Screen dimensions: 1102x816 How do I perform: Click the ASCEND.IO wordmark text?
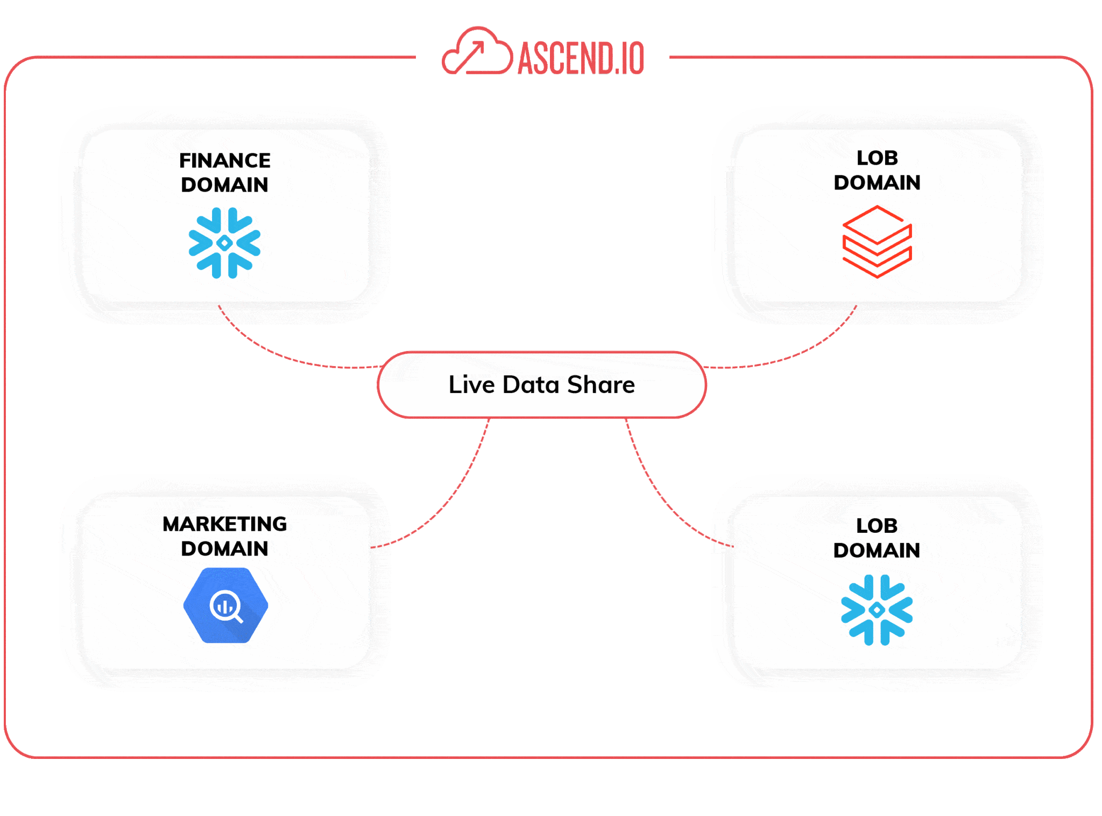click(x=581, y=58)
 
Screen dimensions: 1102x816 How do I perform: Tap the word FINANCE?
click(x=225, y=160)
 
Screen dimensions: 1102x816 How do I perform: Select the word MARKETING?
click(x=225, y=523)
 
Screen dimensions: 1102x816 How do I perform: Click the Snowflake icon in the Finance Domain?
click(x=224, y=243)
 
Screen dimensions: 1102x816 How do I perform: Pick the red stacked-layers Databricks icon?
click(x=877, y=241)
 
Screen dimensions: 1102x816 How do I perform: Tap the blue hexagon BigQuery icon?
click(x=225, y=605)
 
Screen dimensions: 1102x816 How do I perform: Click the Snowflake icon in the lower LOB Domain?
click(x=877, y=610)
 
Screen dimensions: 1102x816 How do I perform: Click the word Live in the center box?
click(x=472, y=384)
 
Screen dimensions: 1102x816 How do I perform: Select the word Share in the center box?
click(x=601, y=384)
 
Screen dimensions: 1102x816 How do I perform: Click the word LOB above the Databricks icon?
click(x=877, y=158)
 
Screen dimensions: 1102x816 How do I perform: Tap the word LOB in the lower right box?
click(x=877, y=525)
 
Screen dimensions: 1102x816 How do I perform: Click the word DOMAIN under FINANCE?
click(x=225, y=185)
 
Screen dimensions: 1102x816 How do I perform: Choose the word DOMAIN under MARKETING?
click(x=225, y=548)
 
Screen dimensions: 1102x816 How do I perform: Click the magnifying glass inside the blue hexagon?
click(x=226, y=607)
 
